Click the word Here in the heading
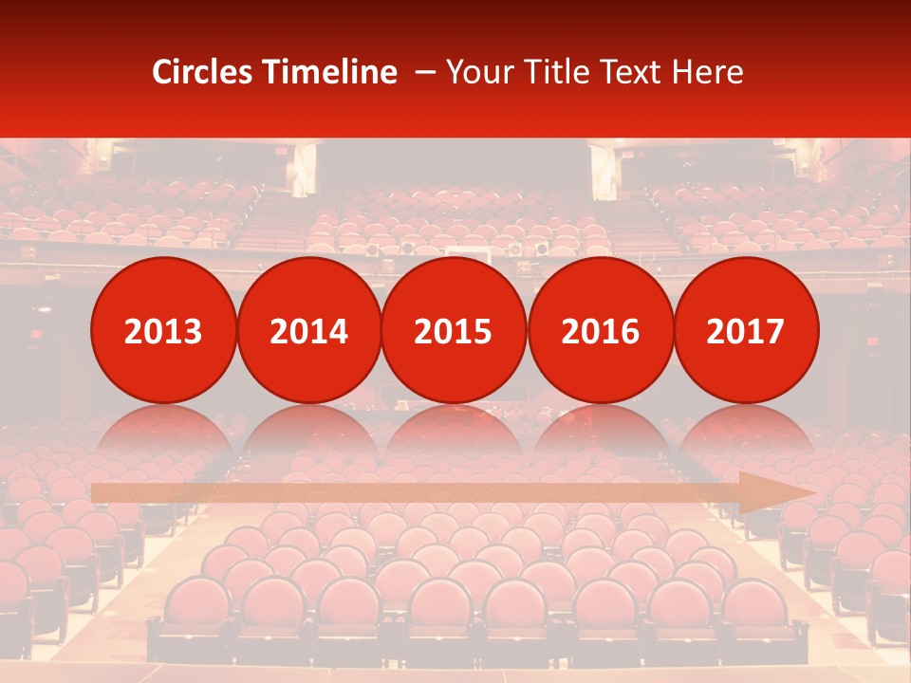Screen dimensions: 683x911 708,72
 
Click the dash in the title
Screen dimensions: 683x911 424,73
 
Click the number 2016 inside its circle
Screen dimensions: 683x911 600,331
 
